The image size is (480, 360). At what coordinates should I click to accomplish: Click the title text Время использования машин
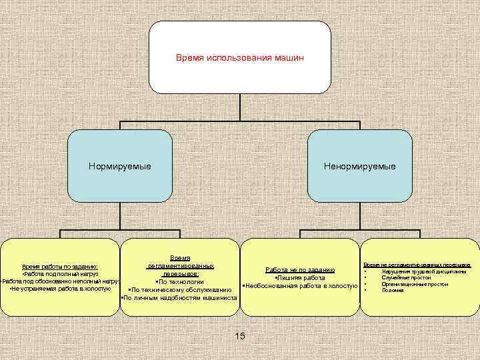click(x=239, y=58)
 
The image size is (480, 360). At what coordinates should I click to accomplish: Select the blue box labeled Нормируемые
click(x=120, y=165)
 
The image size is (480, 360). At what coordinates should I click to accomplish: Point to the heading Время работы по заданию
click(x=60, y=266)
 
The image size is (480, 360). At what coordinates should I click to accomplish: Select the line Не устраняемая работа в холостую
click(x=60, y=289)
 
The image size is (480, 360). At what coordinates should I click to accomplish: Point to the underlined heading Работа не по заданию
click(x=299, y=270)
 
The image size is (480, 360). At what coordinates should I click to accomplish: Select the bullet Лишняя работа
click(x=299, y=278)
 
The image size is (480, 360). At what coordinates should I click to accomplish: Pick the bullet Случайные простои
click(x=406, y=278)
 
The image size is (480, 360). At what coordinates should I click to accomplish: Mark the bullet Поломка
click(x=393, y=290)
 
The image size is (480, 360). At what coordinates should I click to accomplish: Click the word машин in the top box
click(x=289, y=58)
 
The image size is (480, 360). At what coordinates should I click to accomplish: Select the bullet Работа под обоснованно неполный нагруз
click(x=60, y=282)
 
